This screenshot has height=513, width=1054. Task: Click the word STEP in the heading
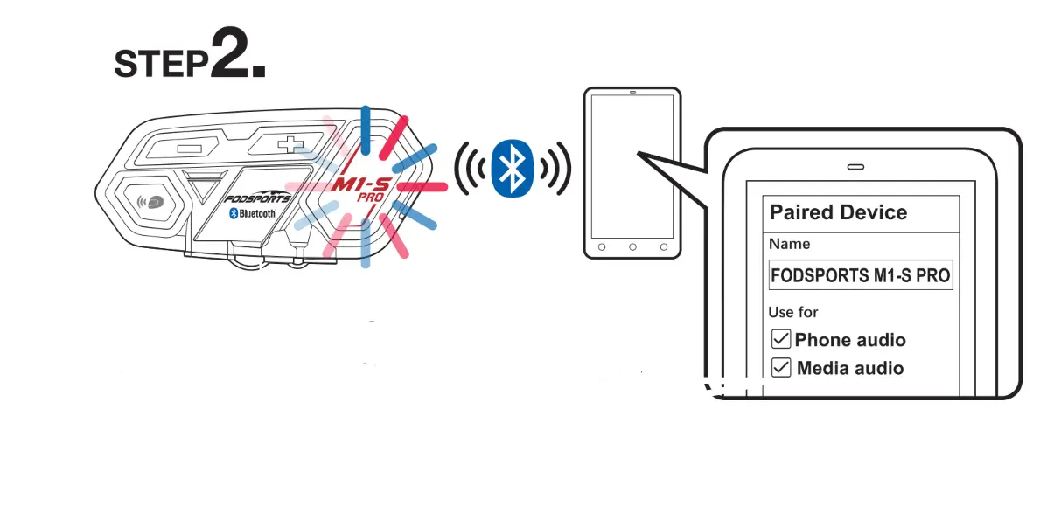(x=162, y=63)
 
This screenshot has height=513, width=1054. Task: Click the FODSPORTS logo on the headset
(x=257, y=198)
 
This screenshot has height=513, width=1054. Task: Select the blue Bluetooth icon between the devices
(x=511, y=168)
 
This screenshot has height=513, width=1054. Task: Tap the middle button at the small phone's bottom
(x=632, y=247)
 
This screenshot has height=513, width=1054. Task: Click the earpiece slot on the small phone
(x=632, y=93)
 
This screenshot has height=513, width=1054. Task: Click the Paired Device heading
(x=838, y=212)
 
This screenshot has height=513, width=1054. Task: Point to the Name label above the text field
(x=789, y=244)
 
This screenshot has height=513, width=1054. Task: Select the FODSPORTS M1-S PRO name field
(x=860, y=275)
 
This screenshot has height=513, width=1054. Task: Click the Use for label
(x=793, y=312)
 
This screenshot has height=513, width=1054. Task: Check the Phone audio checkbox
(x=781, y=339)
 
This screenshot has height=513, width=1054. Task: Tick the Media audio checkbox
(x=781, y=368)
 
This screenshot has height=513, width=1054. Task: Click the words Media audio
(x=850, y=368)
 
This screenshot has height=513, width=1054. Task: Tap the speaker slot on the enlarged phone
(x=855, y=166)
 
